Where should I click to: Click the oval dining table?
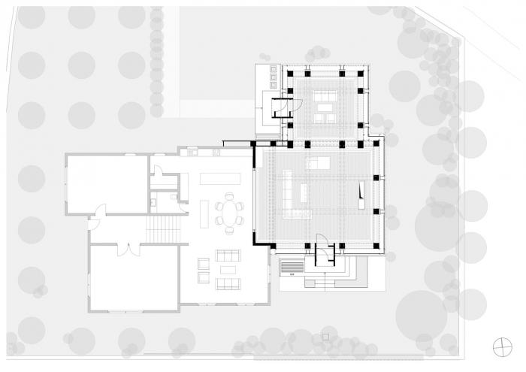tap(229, 211)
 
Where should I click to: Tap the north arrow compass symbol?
tap(498, 346)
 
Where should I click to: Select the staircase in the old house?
tap(165, 227)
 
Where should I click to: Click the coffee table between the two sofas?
tap(227, 269)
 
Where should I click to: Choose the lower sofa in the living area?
tap(228, 283)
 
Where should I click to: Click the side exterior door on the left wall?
tap(93, 220)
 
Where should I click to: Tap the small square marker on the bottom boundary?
tap(325, 334)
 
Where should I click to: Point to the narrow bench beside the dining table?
tap(205, 211)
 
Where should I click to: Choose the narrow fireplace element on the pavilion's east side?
tap(363, 193)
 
